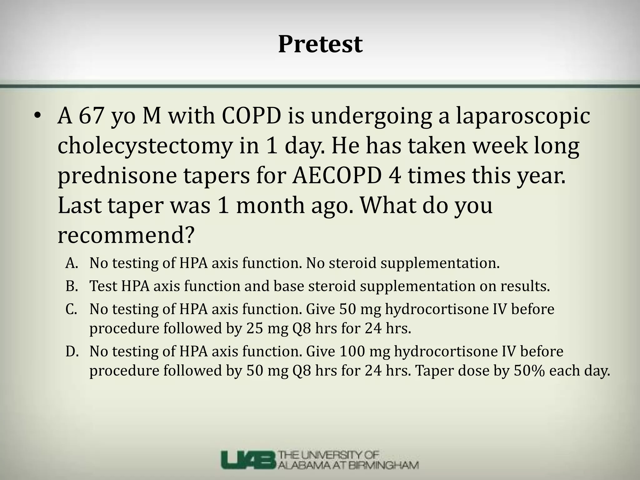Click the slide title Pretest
coord(320,44)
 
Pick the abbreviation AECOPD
coord(337,176)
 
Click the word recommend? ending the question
coord(126,236)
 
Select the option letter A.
coord(71,263)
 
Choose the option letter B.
coord(71,286)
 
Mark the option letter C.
coord(71,309)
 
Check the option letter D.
coord(71,352)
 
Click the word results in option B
coord(525,286)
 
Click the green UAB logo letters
coord(248,460)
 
